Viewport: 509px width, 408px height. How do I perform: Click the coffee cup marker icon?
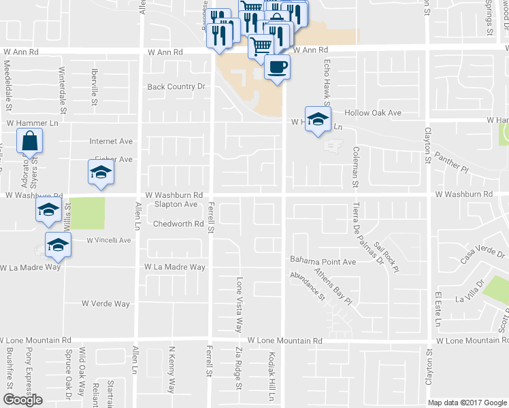click(x=276, y=67)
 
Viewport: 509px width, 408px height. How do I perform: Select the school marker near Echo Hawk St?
click(x=318, y=119)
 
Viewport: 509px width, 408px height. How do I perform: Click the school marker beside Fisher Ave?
click(x=101, y=172)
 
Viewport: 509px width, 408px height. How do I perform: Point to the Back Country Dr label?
click(x=176, y=86)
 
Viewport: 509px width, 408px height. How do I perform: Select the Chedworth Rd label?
click(x=178, y=224)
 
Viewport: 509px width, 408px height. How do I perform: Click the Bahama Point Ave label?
click(x=323, y=261)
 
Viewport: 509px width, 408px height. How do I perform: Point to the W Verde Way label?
click(x=105, y=303)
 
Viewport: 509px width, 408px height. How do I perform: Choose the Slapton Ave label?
click(x=176, y=204)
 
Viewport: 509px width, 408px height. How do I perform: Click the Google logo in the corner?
click(x=22, y=400)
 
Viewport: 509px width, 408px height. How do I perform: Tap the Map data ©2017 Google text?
click(x=467, y=403)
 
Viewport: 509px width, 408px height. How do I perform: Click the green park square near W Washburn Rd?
click(x=88, y=213)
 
